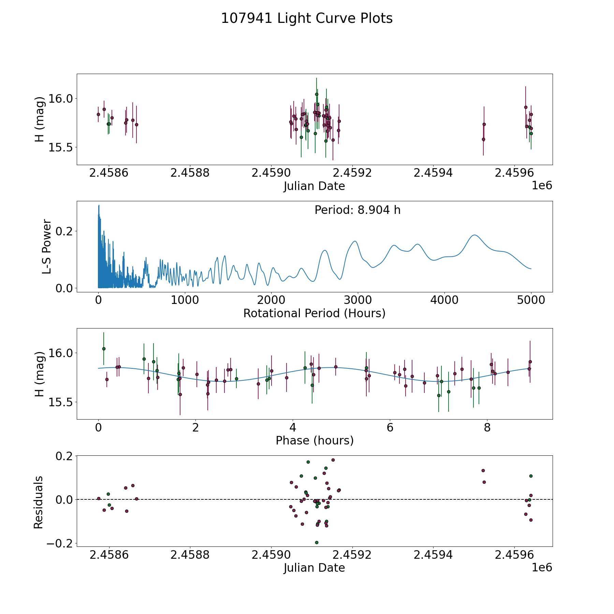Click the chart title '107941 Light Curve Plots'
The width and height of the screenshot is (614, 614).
[x=307, y=18]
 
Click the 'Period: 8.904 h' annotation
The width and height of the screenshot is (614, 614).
[x=357, y=210]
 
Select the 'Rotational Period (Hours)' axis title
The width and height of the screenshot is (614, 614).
[x=314, y=313]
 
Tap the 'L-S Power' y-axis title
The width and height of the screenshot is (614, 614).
[x=47, y=247]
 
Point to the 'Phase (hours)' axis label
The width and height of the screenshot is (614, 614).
[x=315, y=440]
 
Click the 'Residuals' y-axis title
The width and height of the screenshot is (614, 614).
[x=39, y=502]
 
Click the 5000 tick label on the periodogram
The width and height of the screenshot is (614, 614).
[x=531, y=301]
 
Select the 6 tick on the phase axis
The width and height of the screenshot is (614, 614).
[x=390, y=428]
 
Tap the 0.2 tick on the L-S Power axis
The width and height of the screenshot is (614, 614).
[x=64, y=231]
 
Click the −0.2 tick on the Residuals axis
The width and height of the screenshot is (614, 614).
[x=59, y=543]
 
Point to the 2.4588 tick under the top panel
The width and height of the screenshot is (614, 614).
[x=190, y=173]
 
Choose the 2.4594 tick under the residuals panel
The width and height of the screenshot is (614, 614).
[x=433, y=555]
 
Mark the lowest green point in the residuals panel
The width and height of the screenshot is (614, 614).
[x=317, y=542]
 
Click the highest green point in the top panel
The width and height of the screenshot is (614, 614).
[x=317, y=94]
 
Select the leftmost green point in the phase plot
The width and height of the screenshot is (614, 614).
[x=104, y=349]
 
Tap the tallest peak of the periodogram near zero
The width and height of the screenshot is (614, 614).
[x=99, y=205]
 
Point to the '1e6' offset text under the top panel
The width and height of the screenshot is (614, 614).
[x=542, y=186]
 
